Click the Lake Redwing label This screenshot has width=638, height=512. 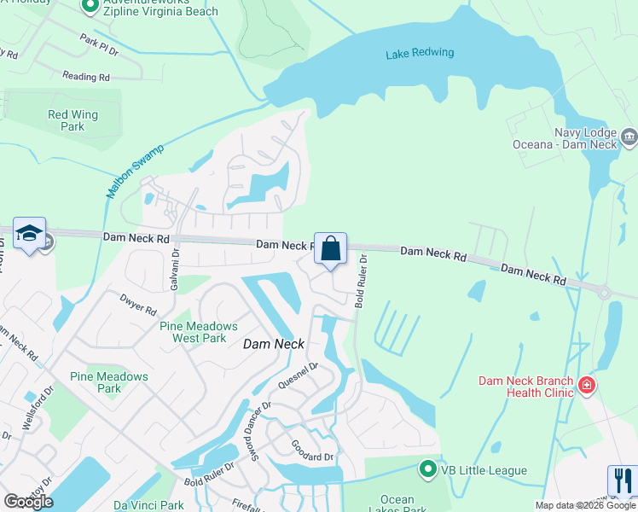420,53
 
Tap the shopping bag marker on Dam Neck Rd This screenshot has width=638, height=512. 331,248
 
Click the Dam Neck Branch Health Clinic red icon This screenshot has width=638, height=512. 586,387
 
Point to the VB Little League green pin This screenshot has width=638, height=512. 428,469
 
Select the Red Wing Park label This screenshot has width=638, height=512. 72,120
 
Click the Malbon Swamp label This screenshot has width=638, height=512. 135,171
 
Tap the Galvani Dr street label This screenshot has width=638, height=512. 176,266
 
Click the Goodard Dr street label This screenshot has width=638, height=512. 311,457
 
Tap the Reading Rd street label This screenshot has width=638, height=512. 86,77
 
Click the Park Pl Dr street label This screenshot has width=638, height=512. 100,44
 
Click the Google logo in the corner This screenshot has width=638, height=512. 28,502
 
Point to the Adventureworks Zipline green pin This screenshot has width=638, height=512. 91,7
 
